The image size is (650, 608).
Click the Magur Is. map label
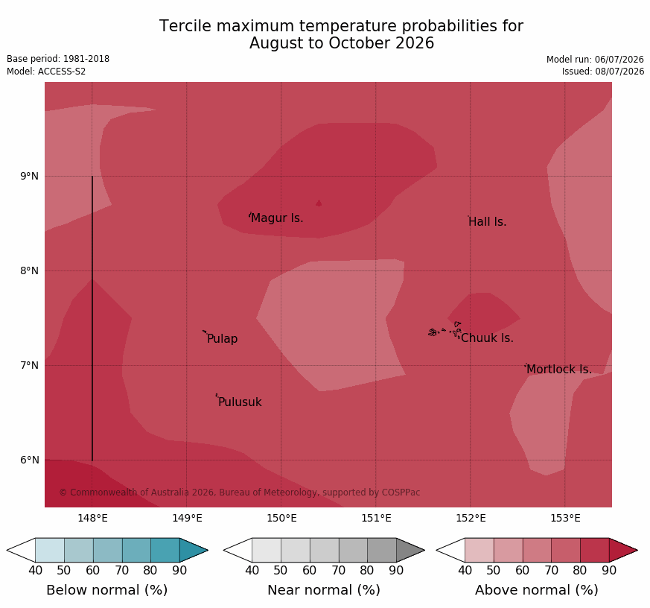pyautogui.click(x=277, y=218)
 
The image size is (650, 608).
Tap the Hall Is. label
pyautogui.click(x=488, y=222)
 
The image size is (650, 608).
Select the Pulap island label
pyautogui.click(x=222, y=339)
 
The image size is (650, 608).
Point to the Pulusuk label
pyautogui.click(x=240, y=402)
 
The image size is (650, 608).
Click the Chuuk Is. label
pyautogui.click(x=487, y=338)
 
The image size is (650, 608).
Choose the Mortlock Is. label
pyautogui.click(x=559, y=369)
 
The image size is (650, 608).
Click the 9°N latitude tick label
pyautogui.click(x=29, y=177)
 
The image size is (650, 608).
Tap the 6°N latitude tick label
pyautogui.click(x=29, y=460)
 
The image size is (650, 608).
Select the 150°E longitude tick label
pyautogui.click(x=281, y=518)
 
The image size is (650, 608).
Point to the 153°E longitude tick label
pyautogui.click(x=565, y=518)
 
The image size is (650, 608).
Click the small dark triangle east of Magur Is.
pyautogui.click(x=319, y=203)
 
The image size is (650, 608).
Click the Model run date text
pyautogui.click(x=595, y=60)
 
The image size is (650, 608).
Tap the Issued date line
pyautogui.click(x=603, y=72)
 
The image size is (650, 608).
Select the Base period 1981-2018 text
pyautogui.click(x=58, y=59)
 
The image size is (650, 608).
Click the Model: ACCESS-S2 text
pyautogui.click(x=46, y=72)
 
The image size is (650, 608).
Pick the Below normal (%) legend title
pyautogui.click(x=107, y=590)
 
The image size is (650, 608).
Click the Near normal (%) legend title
pyautogui.click(x=324, y=590)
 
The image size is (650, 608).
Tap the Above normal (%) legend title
pyautogui.click(x=536, y=590)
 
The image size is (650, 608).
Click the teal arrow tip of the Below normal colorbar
pyautogui.click(x=207, y=551)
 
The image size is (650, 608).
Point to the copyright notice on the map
pyautogui.click(x=240, y=493)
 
